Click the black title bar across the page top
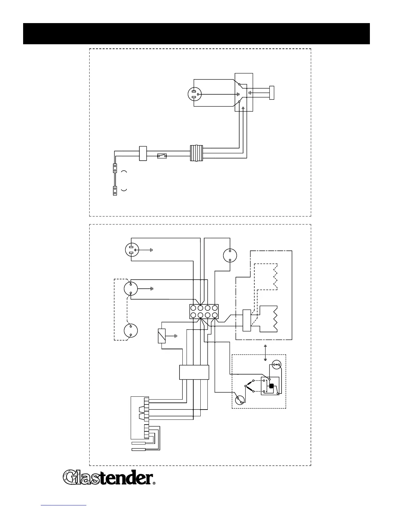(x=196, y=33)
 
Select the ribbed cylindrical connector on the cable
(x=197, y=153)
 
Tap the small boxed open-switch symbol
(x=162, y=156)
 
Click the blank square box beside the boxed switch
(x=143, y=153)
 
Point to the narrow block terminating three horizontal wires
(x=272, y=93)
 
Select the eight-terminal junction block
(x=204, y=311)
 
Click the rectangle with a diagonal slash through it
(x=162, y=336)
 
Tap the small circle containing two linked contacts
(x=276, y=365)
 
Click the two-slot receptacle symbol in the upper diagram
(x=195, y=94)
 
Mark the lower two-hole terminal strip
(x=115, y=191)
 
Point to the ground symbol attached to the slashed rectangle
(x=175, y=336)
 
